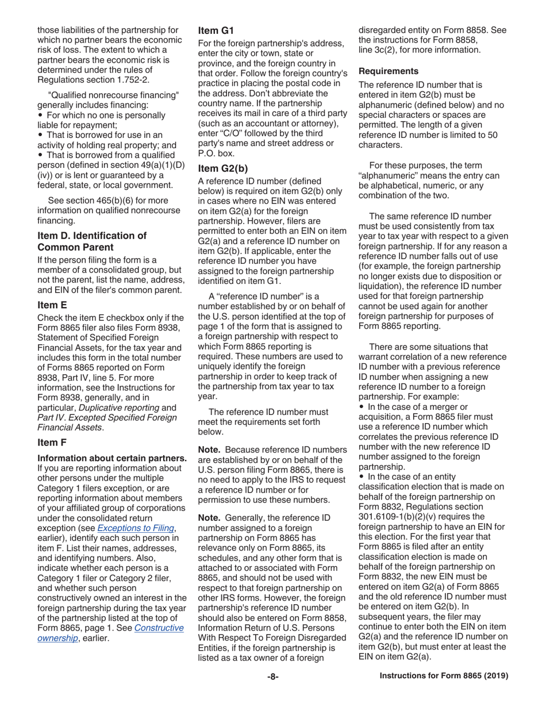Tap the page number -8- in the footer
[272, 677]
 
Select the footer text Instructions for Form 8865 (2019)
[444, 677]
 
